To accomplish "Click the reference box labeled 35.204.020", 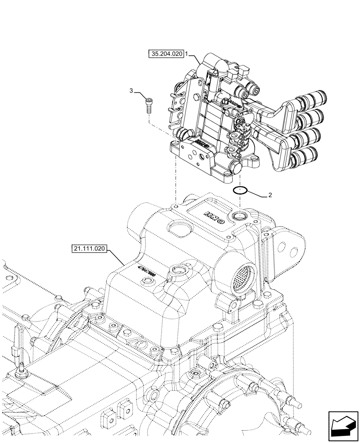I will pyautogui.click(x=166, y=54).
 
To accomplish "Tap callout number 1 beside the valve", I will pyautogui.click(x=187, y=54).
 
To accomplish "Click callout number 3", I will pyautogui.click(x=131, y=91).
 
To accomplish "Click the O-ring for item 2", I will pyautogui.click(x=239, y=190).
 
